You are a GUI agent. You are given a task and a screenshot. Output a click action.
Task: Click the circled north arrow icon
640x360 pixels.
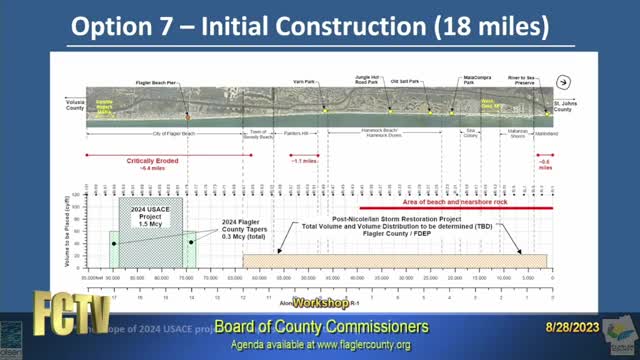pos(563,83)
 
